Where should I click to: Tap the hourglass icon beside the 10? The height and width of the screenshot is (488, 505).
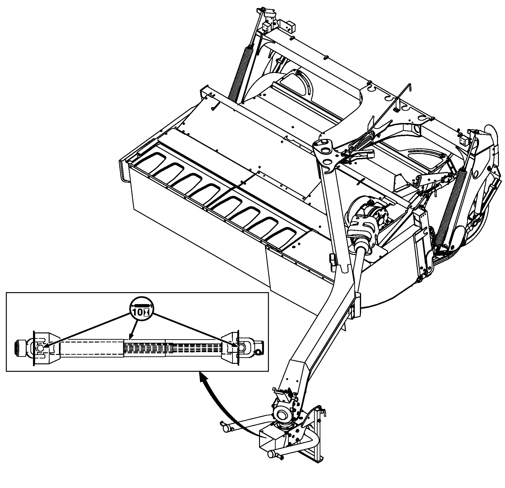click(x=147, y=313)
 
